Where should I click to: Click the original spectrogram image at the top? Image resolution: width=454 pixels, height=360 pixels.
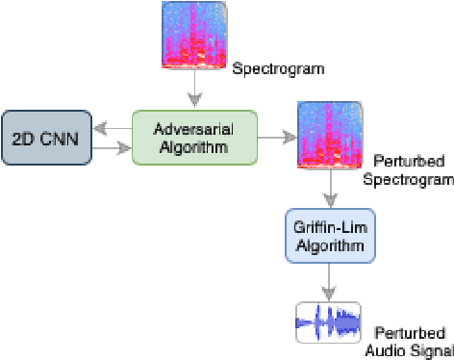195,37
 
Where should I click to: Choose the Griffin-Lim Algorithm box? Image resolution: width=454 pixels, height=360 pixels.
329,237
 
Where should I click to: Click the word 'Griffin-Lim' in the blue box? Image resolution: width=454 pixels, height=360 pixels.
329,228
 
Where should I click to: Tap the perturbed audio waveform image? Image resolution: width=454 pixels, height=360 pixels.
328,321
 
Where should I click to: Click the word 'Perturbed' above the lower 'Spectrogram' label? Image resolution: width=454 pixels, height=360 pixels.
398,162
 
